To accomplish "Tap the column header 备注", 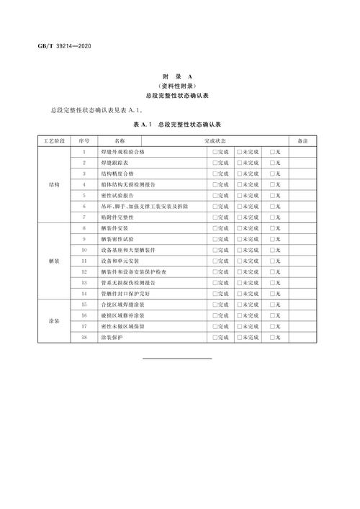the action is pos(302,141).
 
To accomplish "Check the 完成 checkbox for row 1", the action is pos(214,152).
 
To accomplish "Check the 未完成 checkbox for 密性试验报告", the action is pos(241,195).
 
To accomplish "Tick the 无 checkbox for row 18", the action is pos(271,337).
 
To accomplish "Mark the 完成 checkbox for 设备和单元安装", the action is pos(214,261).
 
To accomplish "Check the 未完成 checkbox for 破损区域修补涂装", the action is pos(241,315).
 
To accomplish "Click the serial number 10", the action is pos(84,250).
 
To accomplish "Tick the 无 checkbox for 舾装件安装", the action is pos(271,228).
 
